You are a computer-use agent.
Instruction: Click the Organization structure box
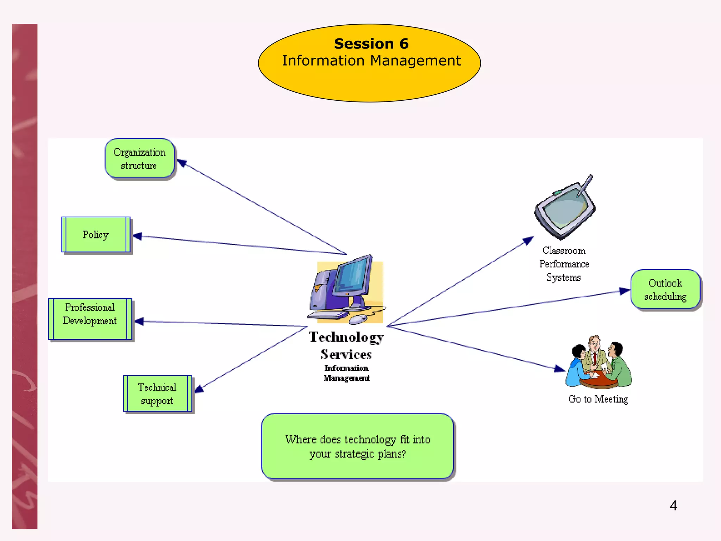(x=139, y=158)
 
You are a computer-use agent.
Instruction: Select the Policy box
(x=96, y=235)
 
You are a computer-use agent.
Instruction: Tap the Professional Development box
(x=90, y=319)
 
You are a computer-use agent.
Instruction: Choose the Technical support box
(x=157, y=393)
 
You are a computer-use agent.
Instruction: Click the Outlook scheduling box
(x=665, y=290)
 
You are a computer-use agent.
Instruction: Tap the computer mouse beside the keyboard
(x=358, y=319)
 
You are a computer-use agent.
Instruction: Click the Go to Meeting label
(x=598, y=399)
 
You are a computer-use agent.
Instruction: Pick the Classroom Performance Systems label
(x=564, y=264)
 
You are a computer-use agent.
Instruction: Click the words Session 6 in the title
(x=371, y=44)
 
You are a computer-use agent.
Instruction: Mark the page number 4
(x=673, y=505)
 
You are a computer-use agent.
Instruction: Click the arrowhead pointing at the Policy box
(x=137, y=236)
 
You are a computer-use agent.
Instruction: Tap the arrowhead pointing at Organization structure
(x=182, y=163)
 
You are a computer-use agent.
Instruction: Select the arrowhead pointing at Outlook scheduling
(x=625, y=291)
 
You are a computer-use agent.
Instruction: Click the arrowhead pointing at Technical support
(x=199, y=389)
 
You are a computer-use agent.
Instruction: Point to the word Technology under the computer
(x=346, y=337)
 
